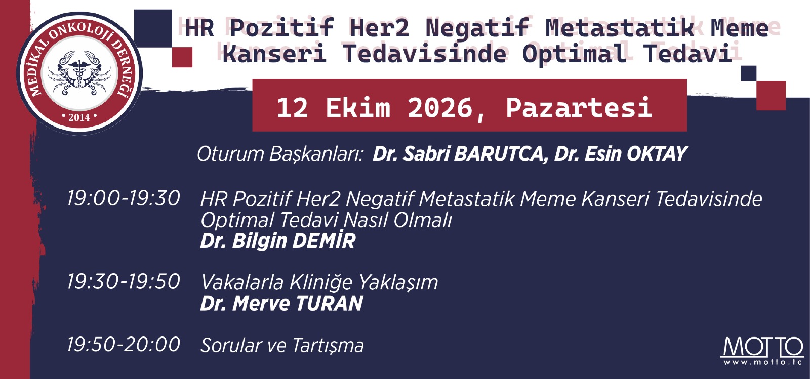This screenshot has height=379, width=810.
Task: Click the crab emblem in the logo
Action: coord(79,73)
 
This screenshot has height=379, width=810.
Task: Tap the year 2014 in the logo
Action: coord(79,117)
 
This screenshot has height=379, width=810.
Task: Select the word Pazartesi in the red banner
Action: coord(579,107)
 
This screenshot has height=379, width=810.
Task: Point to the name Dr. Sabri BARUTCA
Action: coord(458,154)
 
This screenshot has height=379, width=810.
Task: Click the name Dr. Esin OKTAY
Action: coord(621,154)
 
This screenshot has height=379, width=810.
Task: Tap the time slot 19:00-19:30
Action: coord(124,198)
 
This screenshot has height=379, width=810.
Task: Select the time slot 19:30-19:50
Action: coord(124,281)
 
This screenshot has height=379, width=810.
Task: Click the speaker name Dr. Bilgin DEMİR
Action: coord(278,241)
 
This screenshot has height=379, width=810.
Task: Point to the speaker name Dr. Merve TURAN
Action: coord(281,303)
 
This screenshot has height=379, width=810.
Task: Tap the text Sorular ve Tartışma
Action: coord(282,345)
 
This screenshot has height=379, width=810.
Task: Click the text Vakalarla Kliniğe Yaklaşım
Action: coord(319,282)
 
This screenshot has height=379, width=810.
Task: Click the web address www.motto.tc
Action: coord(762,362)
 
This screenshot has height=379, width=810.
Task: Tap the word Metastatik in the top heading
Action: coord(620,28)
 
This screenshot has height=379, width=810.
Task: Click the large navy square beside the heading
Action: coord(153,28)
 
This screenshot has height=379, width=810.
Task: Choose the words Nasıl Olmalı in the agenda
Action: coord(398,220)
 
